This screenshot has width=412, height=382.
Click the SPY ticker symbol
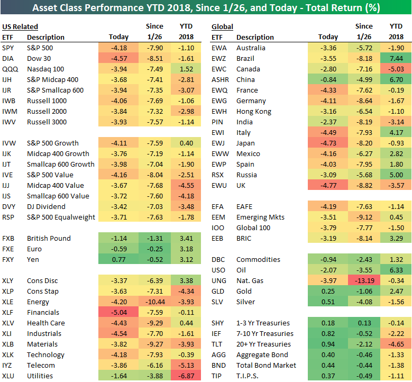[x=8, y=48]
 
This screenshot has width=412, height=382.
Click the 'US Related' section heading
[x=20, y=27]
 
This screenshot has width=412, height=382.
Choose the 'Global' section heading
[x=222, y=27]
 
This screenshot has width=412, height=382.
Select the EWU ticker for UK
[x=218, y=186]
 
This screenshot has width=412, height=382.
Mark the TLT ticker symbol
[x=217, y=344]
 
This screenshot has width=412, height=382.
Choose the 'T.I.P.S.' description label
[x=248, y=376]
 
